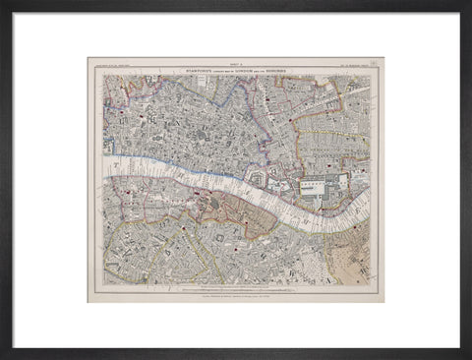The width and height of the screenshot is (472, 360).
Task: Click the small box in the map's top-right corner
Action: pos(378,63)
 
